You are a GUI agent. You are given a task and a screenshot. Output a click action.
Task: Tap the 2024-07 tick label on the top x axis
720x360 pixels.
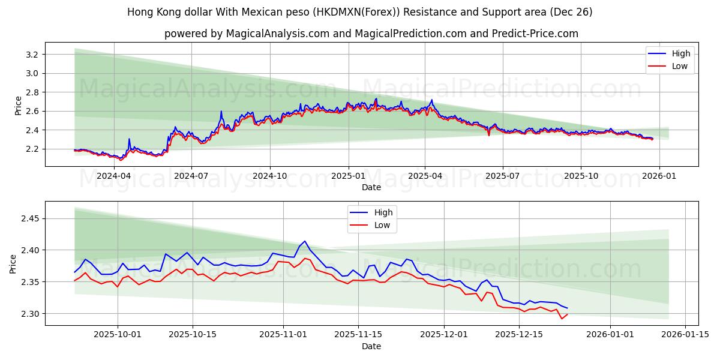(x=191, y=176)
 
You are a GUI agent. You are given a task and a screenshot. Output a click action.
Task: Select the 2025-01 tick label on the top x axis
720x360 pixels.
(x=348, y=176)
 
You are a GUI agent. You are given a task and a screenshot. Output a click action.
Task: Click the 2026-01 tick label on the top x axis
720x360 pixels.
(x=659, y=176)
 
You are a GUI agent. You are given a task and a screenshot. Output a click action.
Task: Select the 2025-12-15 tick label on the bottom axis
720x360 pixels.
(x=518, y=335)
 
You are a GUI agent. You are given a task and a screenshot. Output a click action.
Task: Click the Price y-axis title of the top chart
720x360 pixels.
(x=18, y=105)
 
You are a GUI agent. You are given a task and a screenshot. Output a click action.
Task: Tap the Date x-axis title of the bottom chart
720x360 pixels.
(x=371, y=346)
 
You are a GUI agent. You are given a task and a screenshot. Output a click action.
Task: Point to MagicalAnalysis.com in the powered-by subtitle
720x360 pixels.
(x=277, y=34)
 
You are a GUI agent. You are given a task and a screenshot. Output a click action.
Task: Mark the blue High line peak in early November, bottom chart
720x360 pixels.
(x=305, y=241)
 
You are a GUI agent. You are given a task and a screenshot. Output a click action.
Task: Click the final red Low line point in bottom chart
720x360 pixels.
(x=567, y=314)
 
